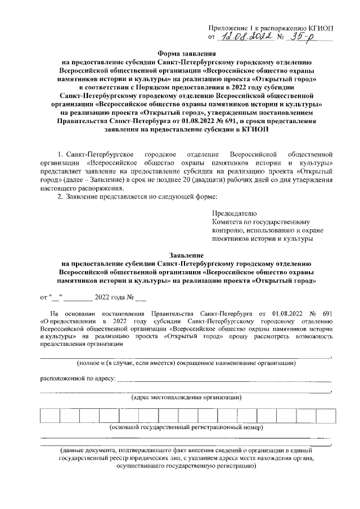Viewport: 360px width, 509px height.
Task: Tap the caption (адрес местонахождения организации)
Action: tap(186, 397)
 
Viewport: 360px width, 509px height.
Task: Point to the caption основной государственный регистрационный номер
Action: tap(186, 428)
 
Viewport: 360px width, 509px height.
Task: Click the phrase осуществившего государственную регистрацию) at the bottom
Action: tap(185, 466)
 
